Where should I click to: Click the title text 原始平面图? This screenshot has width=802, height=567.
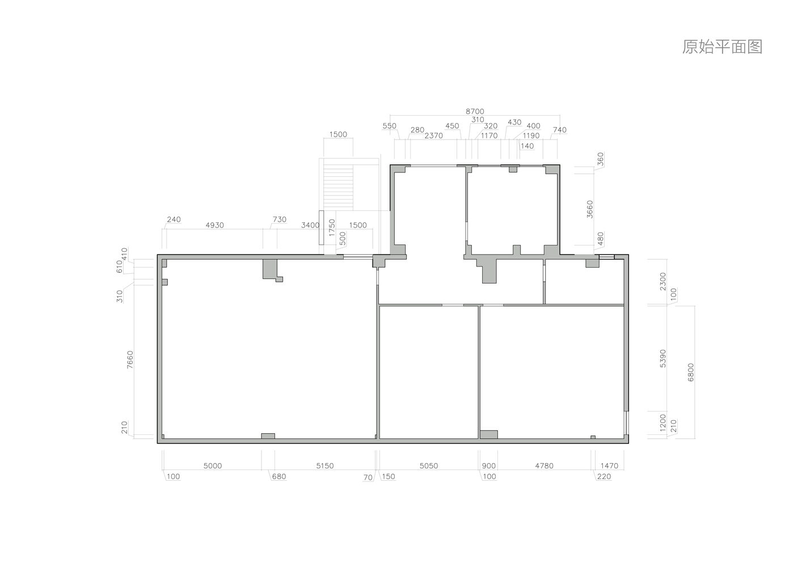[721, 46]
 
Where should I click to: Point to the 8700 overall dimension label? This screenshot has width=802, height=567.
[475, 112]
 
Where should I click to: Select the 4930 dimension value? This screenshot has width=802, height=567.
[214, 225]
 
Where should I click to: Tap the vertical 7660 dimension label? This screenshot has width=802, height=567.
[130, 359]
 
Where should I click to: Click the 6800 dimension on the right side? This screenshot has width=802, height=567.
[690, 372]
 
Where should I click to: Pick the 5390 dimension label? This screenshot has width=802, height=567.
[663, 359]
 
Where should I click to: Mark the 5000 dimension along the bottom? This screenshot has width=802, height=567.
[213, 466]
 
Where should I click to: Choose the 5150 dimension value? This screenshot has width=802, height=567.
[324, 466]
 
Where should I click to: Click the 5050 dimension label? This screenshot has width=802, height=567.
[428, 466]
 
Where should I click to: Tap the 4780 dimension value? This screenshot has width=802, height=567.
[544, 466]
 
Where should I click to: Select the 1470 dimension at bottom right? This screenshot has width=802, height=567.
[609, 466]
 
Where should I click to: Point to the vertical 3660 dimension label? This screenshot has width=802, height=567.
[590, 209]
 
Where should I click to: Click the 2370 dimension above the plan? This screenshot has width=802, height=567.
[433, 136]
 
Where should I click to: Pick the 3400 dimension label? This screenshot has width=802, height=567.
[310, 225]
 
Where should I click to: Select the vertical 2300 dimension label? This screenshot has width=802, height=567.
[663, 281]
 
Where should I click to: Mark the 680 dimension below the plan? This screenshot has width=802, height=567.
[279, 477]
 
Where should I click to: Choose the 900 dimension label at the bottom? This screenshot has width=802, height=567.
[488, 466]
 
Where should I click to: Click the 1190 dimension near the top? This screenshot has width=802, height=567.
[531, 136]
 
